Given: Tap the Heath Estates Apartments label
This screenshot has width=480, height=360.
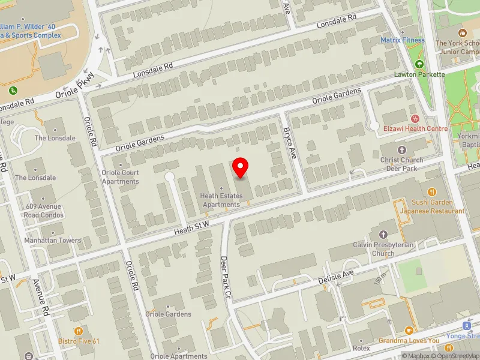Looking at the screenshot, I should click(222, 200).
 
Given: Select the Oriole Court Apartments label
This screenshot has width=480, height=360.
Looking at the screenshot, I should click(120, 177).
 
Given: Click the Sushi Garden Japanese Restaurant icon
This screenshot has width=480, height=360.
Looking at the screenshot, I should click(432, 192).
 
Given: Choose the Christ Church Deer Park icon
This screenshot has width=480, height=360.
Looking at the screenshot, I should click(401, 149).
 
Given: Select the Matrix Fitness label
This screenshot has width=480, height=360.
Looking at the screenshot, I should click(403, 40).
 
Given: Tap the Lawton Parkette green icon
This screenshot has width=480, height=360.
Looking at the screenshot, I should click(419, 64).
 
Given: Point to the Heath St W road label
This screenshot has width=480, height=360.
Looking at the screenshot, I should click(191, 224).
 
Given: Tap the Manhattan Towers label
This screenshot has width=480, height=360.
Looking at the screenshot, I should click(52, 241).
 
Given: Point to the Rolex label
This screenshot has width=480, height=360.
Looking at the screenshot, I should click(362, 348).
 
